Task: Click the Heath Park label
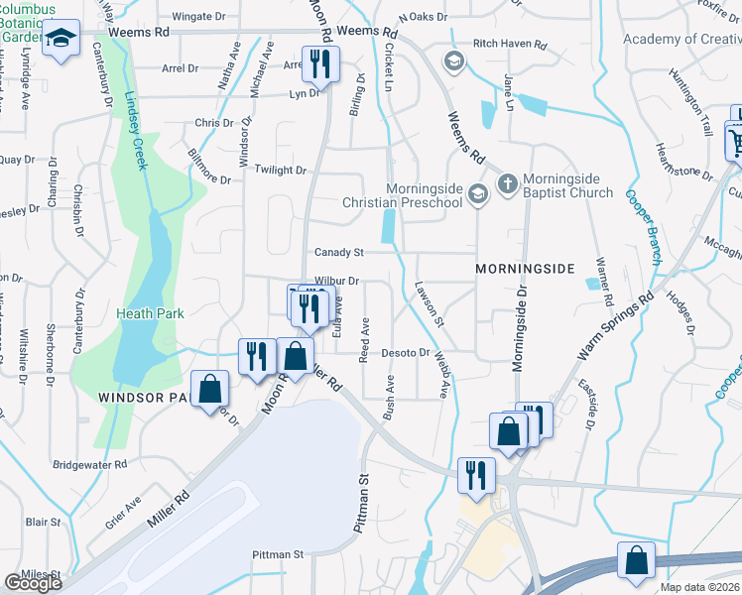click(150, 313)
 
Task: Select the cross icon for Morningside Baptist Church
click(507, 184)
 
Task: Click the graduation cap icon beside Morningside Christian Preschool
click(478, 193)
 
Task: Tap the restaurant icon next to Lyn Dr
click(320, 65)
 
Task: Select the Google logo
click(34, 583)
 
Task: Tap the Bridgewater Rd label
click(90, 463)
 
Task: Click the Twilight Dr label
click(281, 171)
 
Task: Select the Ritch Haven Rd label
click(510, 45)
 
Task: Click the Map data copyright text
click(700, 587)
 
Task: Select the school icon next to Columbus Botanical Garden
click(62, 39)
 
